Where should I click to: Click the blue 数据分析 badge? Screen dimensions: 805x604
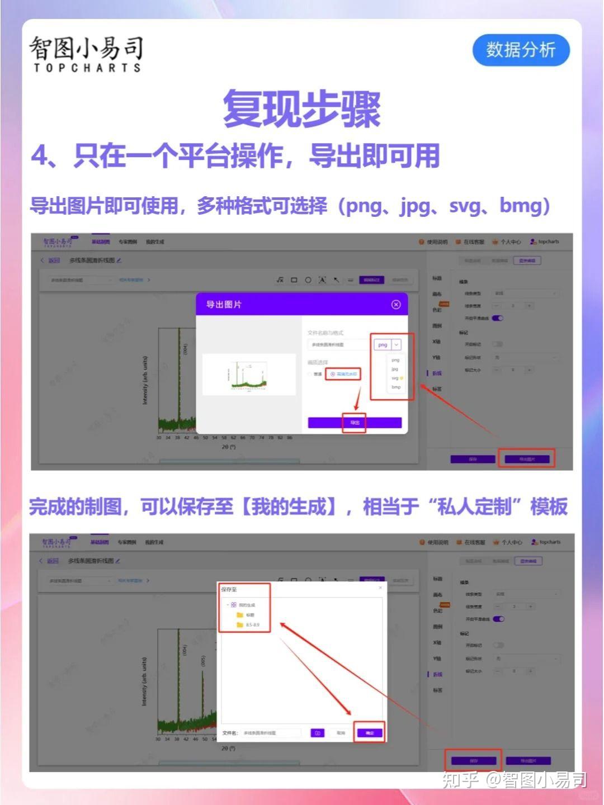[521, 50]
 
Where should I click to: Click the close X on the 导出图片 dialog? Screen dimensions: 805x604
[396, 305]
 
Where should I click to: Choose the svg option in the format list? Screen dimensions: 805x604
[395, 378]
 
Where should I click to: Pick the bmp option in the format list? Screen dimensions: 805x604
[396, 387]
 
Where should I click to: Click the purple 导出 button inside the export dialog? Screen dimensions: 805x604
[354, 423]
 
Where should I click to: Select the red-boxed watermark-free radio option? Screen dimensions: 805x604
[343, 374]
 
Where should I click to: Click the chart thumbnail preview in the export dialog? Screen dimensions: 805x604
[249, 375]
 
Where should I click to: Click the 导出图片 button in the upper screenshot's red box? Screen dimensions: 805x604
[526, 459]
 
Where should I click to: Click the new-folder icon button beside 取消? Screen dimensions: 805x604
[317, 733]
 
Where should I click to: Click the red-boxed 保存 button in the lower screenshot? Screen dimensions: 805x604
[473, 761]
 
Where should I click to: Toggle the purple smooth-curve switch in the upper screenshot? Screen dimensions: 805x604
[497, 318]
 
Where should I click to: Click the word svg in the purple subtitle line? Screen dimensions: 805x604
[464, 206]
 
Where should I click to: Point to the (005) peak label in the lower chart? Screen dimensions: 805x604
[204, 661]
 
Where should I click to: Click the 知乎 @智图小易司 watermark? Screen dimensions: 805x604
[514, 779]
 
